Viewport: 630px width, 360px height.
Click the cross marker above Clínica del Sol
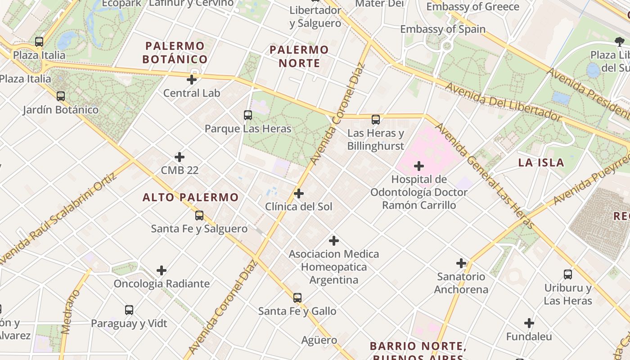(x=298, y=194)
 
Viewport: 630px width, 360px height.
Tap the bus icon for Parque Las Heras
(x=248, y=115)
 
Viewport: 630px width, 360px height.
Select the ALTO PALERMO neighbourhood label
(x=190, y=197)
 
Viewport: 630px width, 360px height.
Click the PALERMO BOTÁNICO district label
(x=175, y=53)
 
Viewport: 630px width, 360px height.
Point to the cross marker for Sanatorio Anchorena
(x=461, y=263)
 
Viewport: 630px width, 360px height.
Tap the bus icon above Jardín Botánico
(x=61, y=96)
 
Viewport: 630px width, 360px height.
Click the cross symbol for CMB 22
(x=180, y=157)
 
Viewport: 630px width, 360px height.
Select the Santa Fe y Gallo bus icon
(x=297, y=298)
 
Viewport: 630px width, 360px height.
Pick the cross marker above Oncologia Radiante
(x=162, y=270)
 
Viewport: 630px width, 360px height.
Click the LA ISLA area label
(x=541, y=162)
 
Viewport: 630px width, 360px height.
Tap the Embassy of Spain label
(x=443, y=29)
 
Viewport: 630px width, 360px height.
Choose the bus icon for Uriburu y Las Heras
(x=568, y=274)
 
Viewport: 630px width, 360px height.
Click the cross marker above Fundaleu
(x=529, y=323)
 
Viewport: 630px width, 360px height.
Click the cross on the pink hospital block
(x=419, y=166)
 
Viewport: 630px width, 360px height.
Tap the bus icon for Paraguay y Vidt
(x=129, y=310)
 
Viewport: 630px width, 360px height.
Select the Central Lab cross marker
(x=192, y=80)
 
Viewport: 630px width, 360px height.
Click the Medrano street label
(x=71, y=312)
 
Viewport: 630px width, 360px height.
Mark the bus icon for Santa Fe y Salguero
(x=199, y=216)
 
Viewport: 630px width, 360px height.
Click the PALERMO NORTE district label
(x=299, y=56)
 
